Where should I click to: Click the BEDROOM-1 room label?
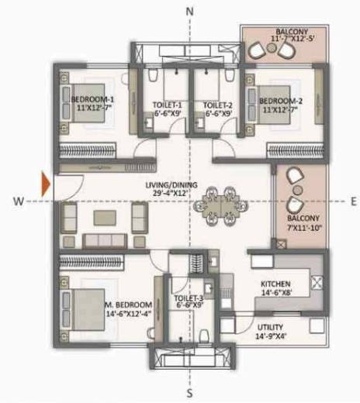(x=92, y=101)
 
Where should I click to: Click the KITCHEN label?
(x=276, y=284)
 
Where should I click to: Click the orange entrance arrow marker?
(x=47, y=184)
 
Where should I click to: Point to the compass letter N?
(x=191, y=12)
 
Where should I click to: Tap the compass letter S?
(x=191, y=392)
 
